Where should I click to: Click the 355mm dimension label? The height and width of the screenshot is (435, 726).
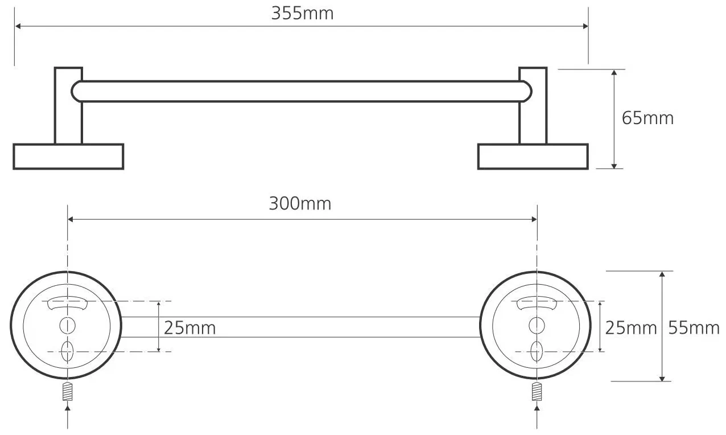pos(302,13)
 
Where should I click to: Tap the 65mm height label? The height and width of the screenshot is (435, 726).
pos(647,118)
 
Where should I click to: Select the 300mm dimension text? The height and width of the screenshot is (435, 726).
pos(300,204)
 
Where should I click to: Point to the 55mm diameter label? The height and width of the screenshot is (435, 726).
pos(694,327)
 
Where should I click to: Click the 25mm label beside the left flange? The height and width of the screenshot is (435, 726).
pos(189,327)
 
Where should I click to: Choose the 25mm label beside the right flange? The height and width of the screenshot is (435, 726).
pos(631,327)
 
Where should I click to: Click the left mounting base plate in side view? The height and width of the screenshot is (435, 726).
pos(68,157)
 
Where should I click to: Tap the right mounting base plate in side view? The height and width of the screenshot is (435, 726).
pos(533,157)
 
